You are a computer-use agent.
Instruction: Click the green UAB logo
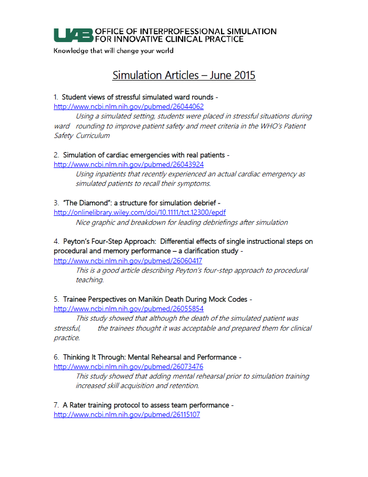click(73, 35)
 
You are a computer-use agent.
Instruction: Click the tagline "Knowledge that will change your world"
click(113, 51)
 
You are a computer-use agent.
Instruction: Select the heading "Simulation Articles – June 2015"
click(184, 75)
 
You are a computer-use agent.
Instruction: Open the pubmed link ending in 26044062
click(128, 106)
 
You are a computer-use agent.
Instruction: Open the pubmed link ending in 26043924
click(128, 164)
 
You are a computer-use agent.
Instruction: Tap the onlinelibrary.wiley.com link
click(140, 213)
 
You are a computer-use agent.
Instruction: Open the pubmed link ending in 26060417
click(128, 261)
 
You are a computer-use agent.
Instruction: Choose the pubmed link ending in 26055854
click(128, 309)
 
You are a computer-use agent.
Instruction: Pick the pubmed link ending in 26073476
click(128, 366)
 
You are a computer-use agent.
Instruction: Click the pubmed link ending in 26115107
click(127, 415)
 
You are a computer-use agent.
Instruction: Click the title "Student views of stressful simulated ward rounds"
click(137, 97)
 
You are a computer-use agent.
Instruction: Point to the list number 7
click(56, 405)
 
